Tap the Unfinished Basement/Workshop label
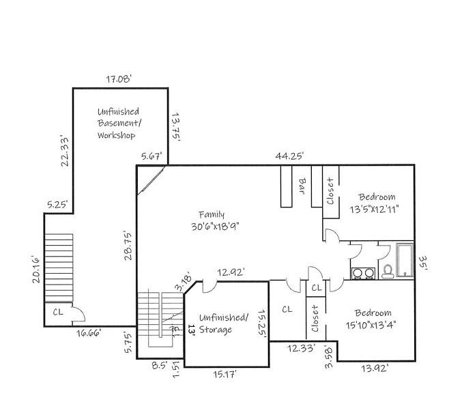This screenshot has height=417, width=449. [118, 124]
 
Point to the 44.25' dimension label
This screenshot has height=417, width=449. [289, 156]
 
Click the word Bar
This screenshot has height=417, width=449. [302, 186]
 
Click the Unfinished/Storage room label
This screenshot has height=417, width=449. [224, 323]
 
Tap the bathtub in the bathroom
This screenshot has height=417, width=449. [405, 260]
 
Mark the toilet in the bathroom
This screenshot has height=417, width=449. [387, 272]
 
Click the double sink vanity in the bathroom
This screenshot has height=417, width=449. [362, 273]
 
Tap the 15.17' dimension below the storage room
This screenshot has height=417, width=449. [225, 373]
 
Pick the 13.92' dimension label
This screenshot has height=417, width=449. [375, 369]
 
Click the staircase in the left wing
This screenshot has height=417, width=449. [58, 265]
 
